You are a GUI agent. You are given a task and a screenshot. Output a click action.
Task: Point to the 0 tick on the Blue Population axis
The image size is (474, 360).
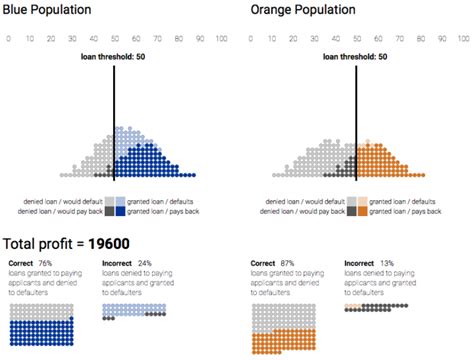coord(8,37)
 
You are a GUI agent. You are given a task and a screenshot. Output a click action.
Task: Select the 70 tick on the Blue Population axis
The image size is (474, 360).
coord(156,37)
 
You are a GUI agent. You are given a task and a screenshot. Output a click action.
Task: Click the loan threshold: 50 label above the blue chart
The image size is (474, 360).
coord(114,57)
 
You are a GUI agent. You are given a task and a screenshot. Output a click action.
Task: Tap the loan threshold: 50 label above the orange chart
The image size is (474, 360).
coord(356,57)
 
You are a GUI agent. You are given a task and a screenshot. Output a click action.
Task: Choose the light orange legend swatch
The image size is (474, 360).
coord(363,201)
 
